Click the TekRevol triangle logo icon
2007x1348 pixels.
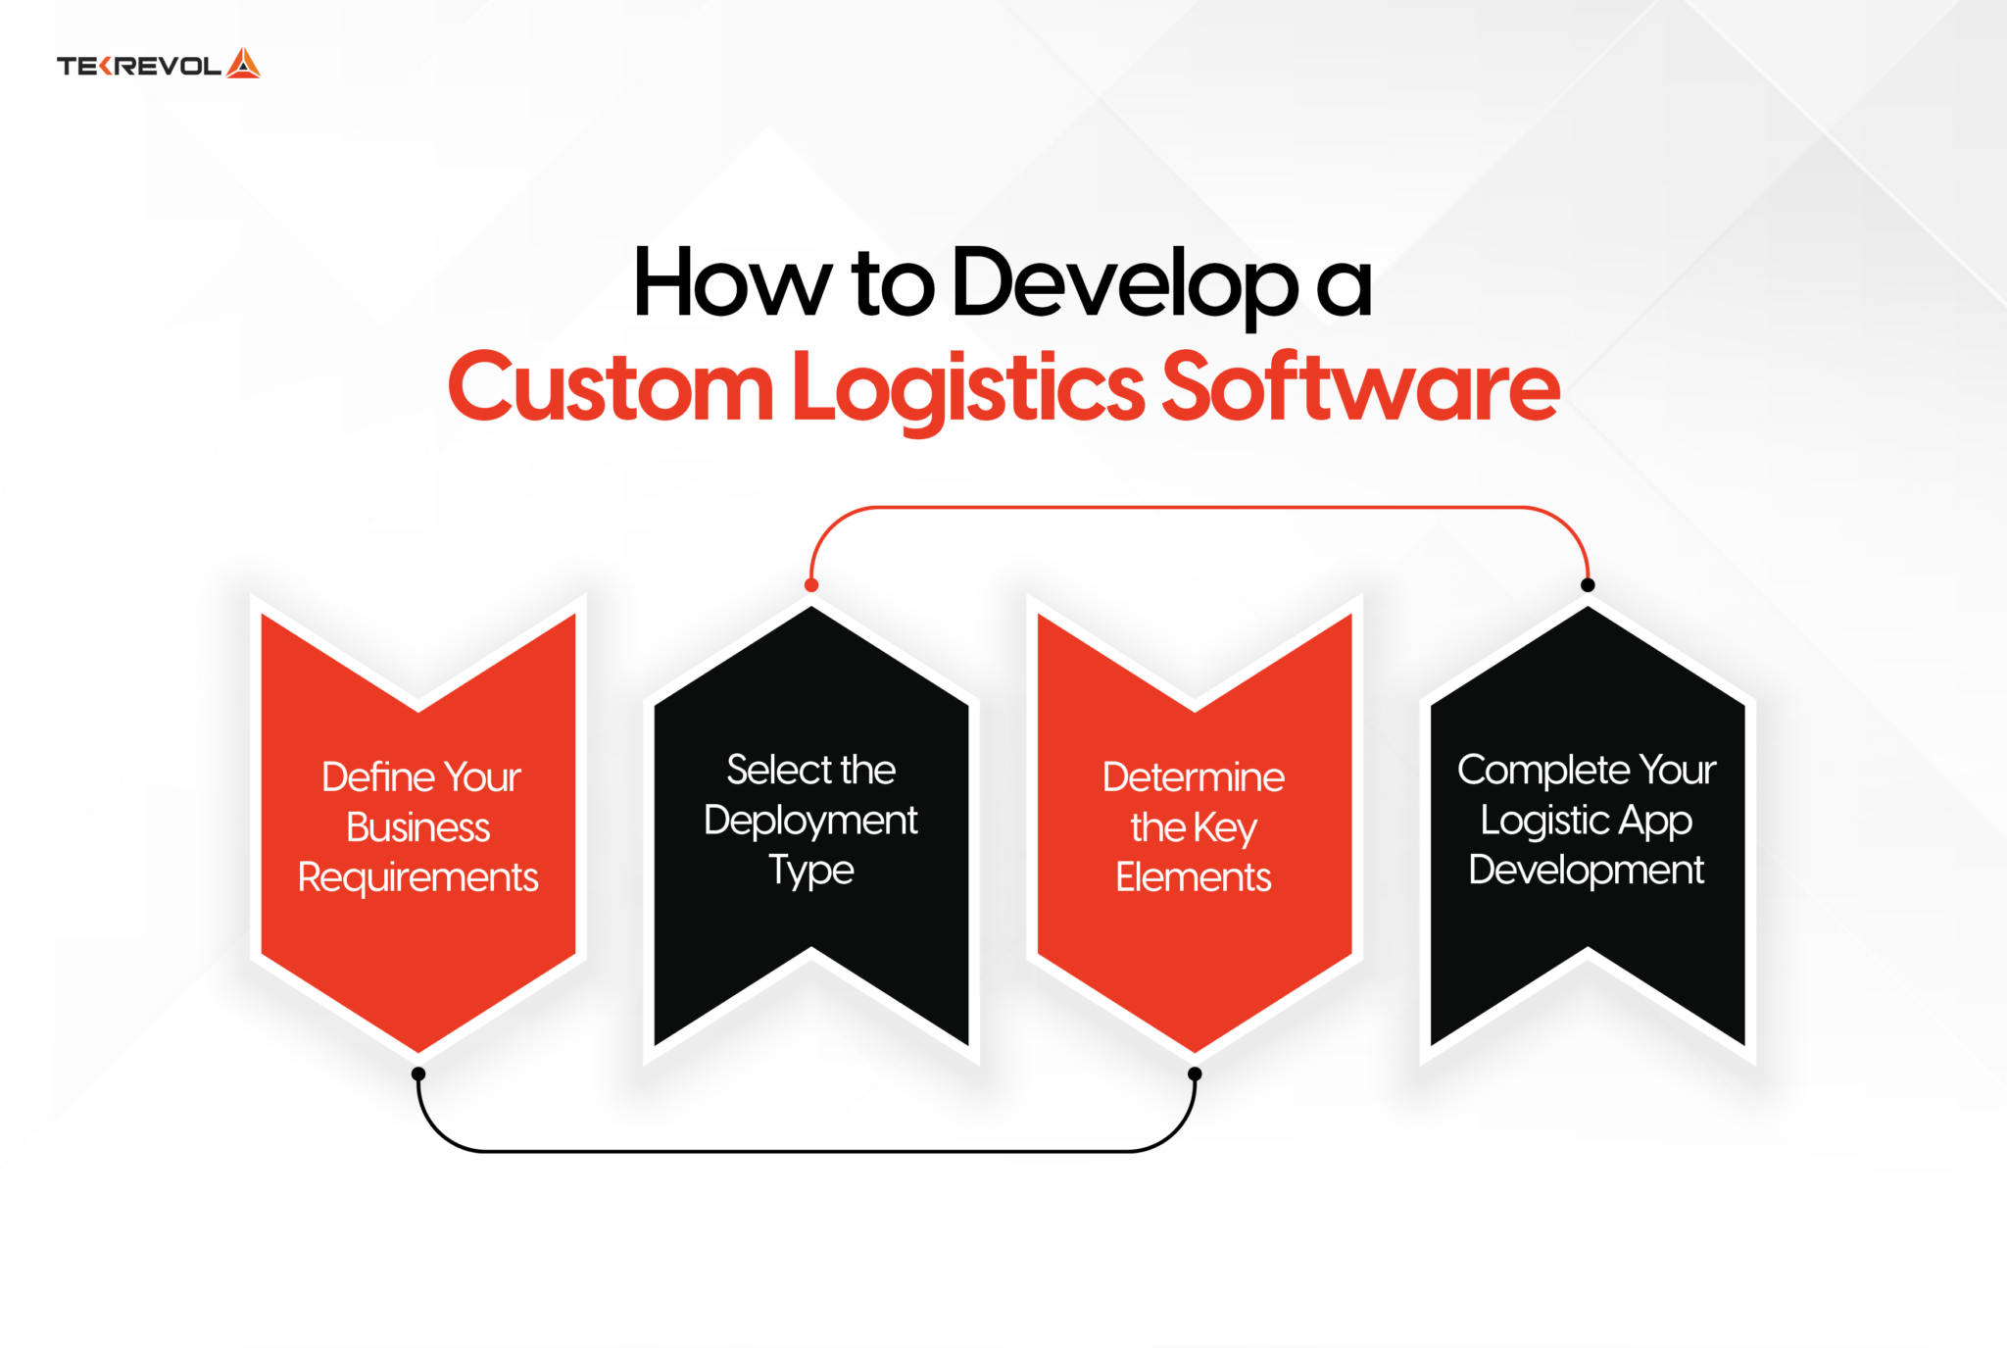pyautogui.click(x=243, y=64)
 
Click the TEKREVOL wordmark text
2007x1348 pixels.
pyautogui.click(x=139, y=66)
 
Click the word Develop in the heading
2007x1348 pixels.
pyautogui.click(x=1125, y=284)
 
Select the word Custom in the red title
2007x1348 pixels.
pyautogui.click(x=610, y=387)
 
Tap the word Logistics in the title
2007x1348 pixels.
pyautogui.click(x=967, y=389)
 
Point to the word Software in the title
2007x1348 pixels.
pyautogui.click(x=1360, y=387)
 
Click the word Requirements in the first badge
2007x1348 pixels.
pyautogui.click(x=418, y=877)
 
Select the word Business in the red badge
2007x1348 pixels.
pyautogui.click(x=418, y=827)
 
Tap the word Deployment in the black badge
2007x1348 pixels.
pyautogui.click(x=810, y=821)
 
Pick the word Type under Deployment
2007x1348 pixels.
pyautogui.click(x=810, y=871)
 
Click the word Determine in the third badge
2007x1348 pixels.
pyautogui.click(x=1193, y=776)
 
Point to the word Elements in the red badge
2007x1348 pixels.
pyautogui.click(x=1193, y=876)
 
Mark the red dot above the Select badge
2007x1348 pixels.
pyautogui.click(x=811, y=585)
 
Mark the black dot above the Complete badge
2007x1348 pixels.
pyautogui.click(x=1588, y=585)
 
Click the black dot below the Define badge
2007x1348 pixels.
pyautogui.click(x=418, y=1073)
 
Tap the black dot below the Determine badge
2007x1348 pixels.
pyautogui.click(x=1195, y=1073)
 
